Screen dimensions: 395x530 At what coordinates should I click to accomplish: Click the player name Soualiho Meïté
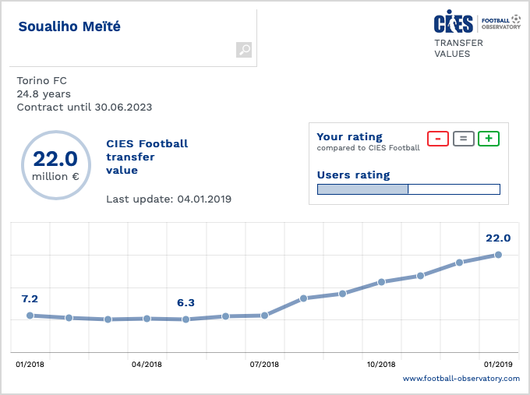[x=69, y=27]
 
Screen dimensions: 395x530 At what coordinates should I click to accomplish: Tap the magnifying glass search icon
[x=244, y=50]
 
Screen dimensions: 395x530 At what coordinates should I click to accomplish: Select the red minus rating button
[x=438, y=139]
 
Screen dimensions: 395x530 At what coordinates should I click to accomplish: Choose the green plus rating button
[x=489, y=139]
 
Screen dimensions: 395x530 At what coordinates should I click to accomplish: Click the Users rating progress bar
[x=408, y=189]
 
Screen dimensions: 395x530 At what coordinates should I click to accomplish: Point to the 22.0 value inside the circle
[x=55, y=159]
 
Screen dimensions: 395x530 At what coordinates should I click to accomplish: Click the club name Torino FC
[x=41, y=80]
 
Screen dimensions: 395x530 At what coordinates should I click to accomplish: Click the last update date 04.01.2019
[x=204, y=199]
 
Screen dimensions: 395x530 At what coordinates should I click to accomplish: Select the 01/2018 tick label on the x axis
[x=29, y=364]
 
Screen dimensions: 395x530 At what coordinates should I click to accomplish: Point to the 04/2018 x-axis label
[x=147, y=364]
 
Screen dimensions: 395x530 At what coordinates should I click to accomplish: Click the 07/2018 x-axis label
[x=264, y=364]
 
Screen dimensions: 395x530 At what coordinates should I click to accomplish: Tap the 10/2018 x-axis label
[x=381, y=364]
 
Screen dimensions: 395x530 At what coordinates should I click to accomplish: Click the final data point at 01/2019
[x=498, y=255]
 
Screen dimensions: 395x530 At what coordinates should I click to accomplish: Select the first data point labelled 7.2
[x=30, y=316]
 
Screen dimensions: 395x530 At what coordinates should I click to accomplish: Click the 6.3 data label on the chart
[x=185, y=303]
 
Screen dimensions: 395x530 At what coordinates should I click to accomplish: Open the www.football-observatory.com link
[x=461, y=379]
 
